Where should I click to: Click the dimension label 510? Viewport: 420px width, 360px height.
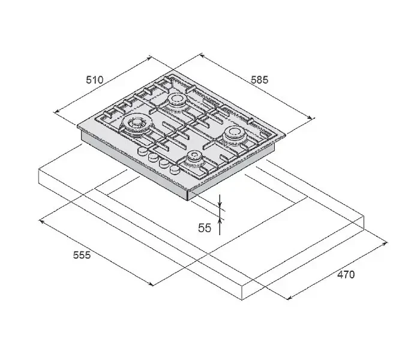tap(94, 80)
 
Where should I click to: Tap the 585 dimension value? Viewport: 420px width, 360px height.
tap(259, 80)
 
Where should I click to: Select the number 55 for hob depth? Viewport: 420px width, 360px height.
tap(205, 228)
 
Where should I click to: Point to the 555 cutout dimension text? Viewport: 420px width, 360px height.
tap(82, 255)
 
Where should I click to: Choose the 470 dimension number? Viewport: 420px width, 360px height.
tap(346, 275)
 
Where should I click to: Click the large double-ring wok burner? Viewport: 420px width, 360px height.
tap(137, 124)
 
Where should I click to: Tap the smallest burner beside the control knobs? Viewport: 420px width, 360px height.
tap(194, 157)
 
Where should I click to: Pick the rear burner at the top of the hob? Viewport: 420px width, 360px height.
tap(176, 100)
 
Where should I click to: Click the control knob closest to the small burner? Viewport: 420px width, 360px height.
tap(175, 169)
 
